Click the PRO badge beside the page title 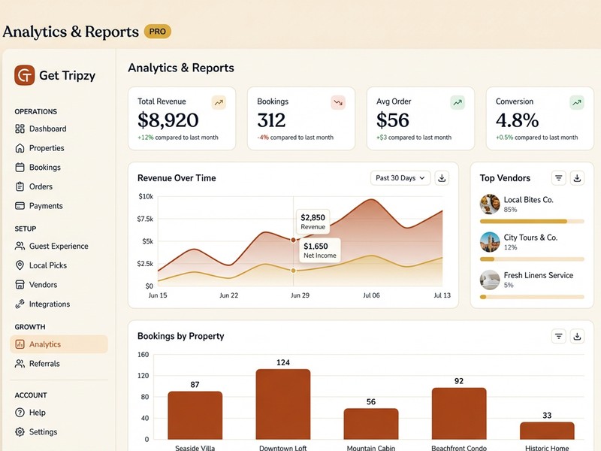pyautogui.click(x=158, y=32)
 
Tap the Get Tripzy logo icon pyautogui.click(x=25, y=75)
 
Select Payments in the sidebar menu pyautogui.click(x=45, y=206)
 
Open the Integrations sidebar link pyautogui.click(x=49, y=304)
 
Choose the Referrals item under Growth pyautogui.click(x=44, y=364)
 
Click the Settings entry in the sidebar pyautogui.click(x=43, y=432)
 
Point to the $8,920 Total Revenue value pyautogui.click(x=168, y=120)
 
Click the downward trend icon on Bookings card pyautogui.click(x=338, y=102)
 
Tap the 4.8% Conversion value pyautogui.click(x=517, y=120)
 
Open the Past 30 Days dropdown pyautogui.click(x=400, y=178)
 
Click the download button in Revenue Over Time pyautogui.click(x=442, y=178)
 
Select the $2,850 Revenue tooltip pyautogui.click(x=313, y=222)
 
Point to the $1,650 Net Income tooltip pyautogui.click(x=319, y=250)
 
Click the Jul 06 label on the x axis pyautogui.click(x=371, y=296)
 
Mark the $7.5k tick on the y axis pyautogui.click(x=145, y=219)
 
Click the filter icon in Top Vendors pyautogui.click(x=558, y=178)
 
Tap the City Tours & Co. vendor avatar pyautogui.click(x=490, y=242)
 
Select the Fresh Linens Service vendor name pyautogui.click(x=538, y=276)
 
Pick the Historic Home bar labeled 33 pyautogui.click(x=547, y=430)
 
